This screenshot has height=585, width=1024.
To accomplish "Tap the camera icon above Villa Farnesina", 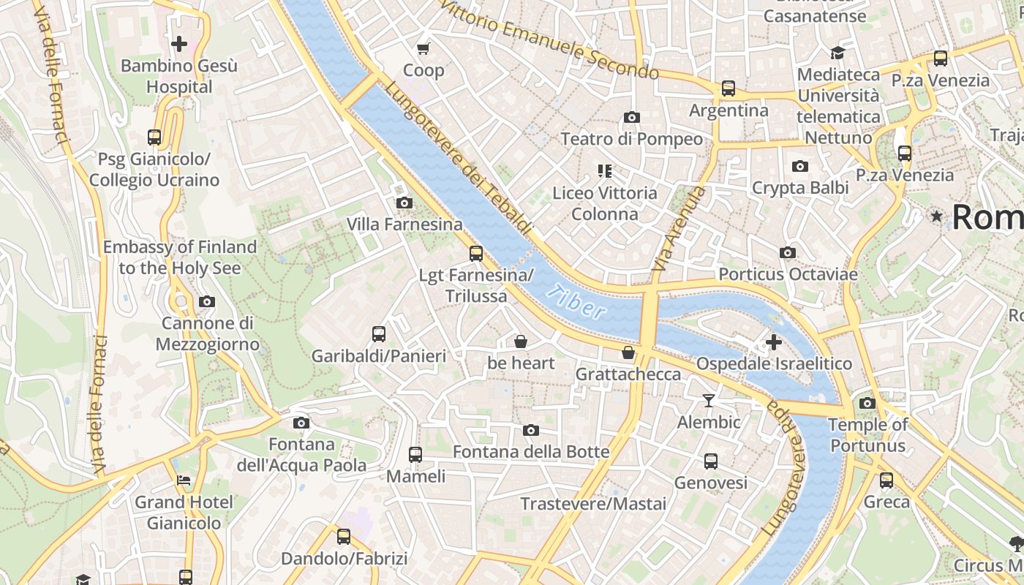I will tap(404, 203).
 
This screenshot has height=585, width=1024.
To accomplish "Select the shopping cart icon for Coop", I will tap(423, 49).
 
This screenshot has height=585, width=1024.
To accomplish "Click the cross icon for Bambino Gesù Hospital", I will tap(179, 44).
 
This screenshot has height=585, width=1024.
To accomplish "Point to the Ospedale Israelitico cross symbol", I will tap(774, 341).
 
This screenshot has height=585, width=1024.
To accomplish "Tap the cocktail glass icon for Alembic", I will tap(708, 400).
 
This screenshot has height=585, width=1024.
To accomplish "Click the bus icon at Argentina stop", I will tap(729, 88).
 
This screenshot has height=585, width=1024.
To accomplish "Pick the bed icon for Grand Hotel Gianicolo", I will tap(183, 480).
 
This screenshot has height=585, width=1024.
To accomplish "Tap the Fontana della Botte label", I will tap(531, 452).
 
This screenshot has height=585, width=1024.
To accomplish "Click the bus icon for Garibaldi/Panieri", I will tap(379, 334).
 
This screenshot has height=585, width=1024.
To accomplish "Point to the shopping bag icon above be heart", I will tap(521, 341).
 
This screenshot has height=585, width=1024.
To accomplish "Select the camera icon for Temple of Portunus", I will tap(867, 403).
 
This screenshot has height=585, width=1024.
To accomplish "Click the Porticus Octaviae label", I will tap(788, 274).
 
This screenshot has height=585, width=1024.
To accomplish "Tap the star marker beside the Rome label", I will tap(936, 216).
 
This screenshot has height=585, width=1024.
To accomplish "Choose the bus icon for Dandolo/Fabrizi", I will tap(344, 537).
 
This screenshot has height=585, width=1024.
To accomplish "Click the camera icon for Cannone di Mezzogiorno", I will tap(207, 301).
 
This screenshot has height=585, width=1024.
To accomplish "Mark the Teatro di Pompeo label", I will tap(631, 139).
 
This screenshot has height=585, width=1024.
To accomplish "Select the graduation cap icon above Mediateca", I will tap(837, 53).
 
